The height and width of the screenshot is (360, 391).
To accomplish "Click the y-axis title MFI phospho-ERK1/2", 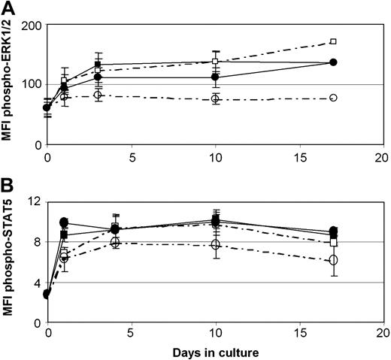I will (10, 82).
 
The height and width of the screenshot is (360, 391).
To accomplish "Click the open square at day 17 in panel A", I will (333, 41).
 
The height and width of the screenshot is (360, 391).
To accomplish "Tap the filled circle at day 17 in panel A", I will (333, 62).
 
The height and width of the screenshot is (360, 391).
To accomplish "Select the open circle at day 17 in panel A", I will (333, 98).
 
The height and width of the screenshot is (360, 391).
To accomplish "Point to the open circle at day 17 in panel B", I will (333, 260).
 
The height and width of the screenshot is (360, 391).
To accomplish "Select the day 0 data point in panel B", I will (47, 294).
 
